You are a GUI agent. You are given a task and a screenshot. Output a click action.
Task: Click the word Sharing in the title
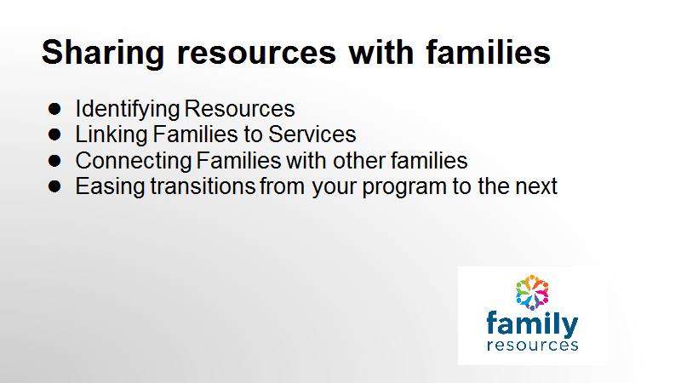point(103,54)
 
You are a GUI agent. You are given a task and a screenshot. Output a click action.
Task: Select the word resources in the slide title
point(257,54)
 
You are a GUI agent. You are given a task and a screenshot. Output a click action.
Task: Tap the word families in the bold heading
point(488,53)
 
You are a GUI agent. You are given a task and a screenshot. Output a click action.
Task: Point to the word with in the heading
point(381,53)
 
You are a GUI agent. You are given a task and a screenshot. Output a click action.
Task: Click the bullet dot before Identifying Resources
point(54,109)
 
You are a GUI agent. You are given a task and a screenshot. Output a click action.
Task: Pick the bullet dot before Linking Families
point(54,134)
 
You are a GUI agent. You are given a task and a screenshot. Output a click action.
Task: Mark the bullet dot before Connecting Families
point(54,160)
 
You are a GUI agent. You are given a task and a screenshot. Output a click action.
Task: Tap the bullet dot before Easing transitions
point(54,186)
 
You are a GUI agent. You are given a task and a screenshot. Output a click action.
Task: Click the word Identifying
point(127,110)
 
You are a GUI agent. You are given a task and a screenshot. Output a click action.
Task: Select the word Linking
point(112,134)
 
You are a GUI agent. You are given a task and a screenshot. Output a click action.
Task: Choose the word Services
point(312,134)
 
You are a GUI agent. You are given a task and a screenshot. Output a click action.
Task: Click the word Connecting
point(134,161)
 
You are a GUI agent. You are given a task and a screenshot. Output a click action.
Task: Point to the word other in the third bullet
point(359,161)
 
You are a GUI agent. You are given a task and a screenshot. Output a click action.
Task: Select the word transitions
point(203,186)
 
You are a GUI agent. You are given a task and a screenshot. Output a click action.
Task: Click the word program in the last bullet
point(404,187)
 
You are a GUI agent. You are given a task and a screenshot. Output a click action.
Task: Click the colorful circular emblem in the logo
point(532,293)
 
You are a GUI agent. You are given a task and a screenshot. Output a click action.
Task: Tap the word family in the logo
point(532,324)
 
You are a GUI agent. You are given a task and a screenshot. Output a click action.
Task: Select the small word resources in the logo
point(533,346)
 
